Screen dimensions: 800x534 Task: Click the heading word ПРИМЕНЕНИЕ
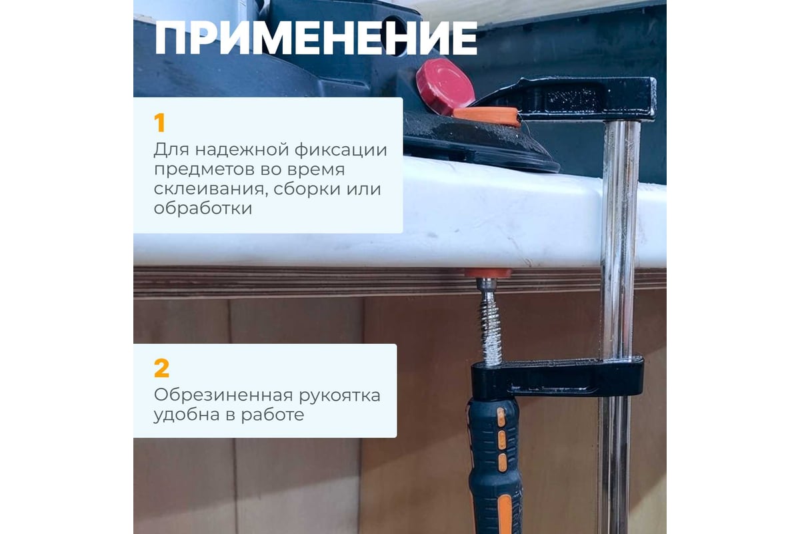point(316,38)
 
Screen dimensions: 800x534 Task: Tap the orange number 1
point(159,123)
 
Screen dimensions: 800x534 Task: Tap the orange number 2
point(161,368)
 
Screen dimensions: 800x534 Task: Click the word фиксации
point(341,150)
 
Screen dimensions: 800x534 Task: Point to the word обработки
point(203,208)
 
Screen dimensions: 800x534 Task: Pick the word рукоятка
point(339,396)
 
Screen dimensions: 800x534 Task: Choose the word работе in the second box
point(273,415)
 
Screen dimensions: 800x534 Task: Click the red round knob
point(445,86)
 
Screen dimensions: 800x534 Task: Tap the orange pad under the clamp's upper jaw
point(487,116)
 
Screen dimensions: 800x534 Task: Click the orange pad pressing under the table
point(488,274)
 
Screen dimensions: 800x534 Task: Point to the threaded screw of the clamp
point(491,322)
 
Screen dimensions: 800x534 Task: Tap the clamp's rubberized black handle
point(495,465)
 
